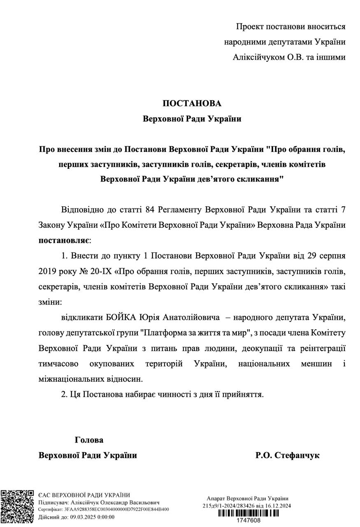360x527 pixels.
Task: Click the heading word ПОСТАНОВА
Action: click(x=192, y=103)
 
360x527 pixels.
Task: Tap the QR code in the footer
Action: click(x=17, y=506)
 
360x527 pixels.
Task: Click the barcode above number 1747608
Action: click(x=248, y=513)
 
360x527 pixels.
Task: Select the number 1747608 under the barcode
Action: click(x=248, y=520)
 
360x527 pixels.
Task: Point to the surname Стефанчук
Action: click(x=297, y=455)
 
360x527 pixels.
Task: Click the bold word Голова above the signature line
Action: click(x=89, y=440)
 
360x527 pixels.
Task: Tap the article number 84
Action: click(x=150, y=210)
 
